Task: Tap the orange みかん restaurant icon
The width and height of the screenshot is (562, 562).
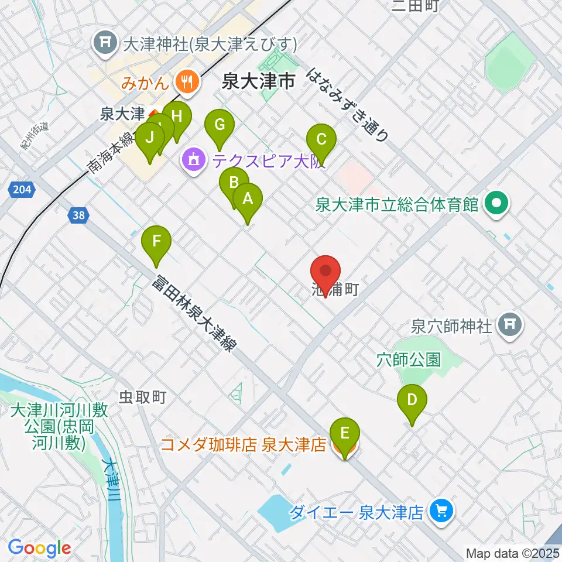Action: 187,81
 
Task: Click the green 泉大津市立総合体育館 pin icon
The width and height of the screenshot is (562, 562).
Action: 498,204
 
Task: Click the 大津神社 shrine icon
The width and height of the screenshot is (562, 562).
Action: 107,43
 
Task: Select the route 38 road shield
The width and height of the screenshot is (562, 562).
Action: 79,215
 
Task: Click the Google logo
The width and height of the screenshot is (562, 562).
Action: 39,547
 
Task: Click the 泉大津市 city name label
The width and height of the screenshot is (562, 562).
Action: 258,82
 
